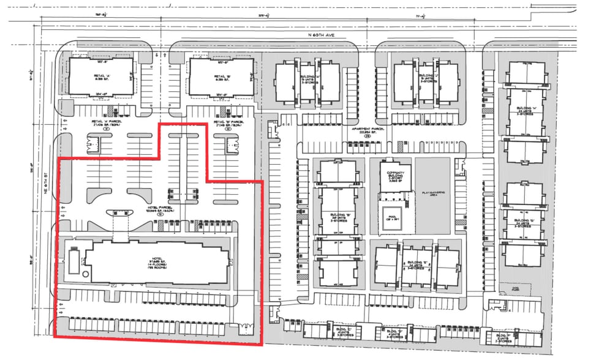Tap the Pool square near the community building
click(393, 217)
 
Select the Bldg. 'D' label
click(392, 334)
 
